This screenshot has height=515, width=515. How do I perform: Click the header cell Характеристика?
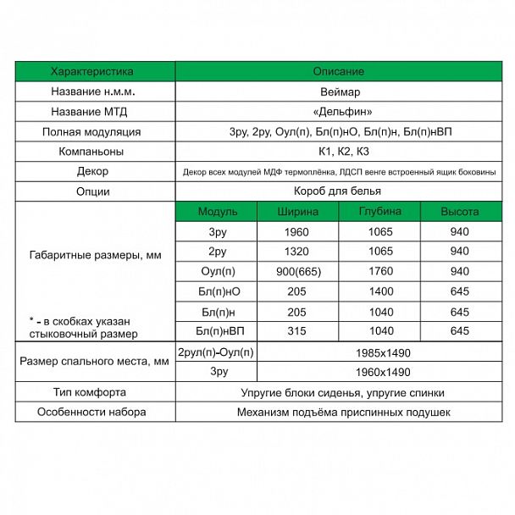(x=92, y=71)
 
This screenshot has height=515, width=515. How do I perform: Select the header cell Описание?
(x=338, y=71)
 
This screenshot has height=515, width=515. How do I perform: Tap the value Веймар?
(x=338, y=91)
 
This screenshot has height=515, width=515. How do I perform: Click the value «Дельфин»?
(x=338, y=112)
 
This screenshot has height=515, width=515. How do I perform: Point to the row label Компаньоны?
(x=92, y=152)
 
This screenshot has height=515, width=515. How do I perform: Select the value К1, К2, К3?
(x=338, y=152)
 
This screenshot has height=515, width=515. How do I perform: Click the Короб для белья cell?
(x=338, y=191)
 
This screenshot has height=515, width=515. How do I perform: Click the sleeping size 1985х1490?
(x=379, y=352)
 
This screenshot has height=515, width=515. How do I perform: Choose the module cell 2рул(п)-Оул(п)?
(x=217, y=352)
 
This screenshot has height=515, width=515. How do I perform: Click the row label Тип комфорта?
(x=92, y=393)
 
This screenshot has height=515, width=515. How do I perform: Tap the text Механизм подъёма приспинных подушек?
(x=338, y=413)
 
